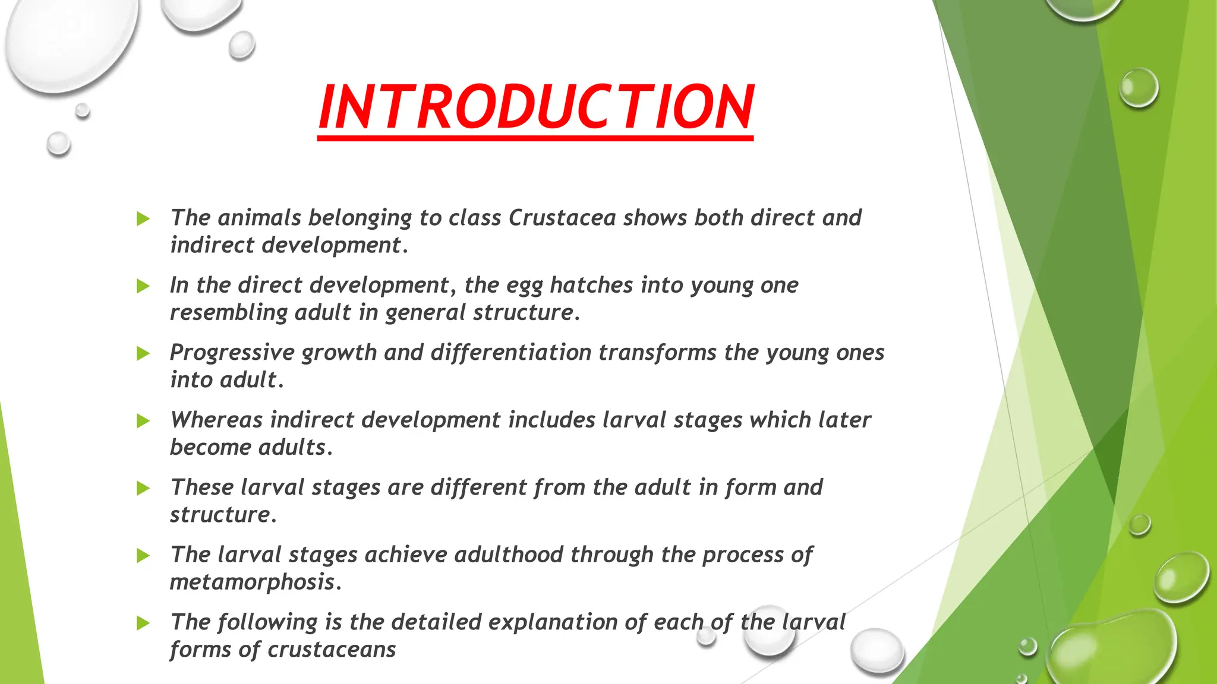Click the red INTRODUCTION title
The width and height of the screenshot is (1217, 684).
tap(536, 107)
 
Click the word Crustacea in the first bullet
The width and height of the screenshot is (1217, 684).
tap(562, 218)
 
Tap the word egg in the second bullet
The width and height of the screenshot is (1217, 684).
tap(524, 286)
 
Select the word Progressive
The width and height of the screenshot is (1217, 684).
tap(232, 353)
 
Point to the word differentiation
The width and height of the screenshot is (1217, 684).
tap(510, 353)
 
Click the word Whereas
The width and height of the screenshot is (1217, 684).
tap(216, 420)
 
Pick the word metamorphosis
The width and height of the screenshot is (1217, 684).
tap(252, 582)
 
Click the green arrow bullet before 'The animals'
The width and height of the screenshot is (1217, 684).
tap(143, 218)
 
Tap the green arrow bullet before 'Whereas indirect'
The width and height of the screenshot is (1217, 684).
tap(143, 421)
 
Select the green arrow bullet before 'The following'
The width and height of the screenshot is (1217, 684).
tap(143, 623)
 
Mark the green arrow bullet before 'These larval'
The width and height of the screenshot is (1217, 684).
tap(143, 488)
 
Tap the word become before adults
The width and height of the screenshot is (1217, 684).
tap(210, 447)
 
